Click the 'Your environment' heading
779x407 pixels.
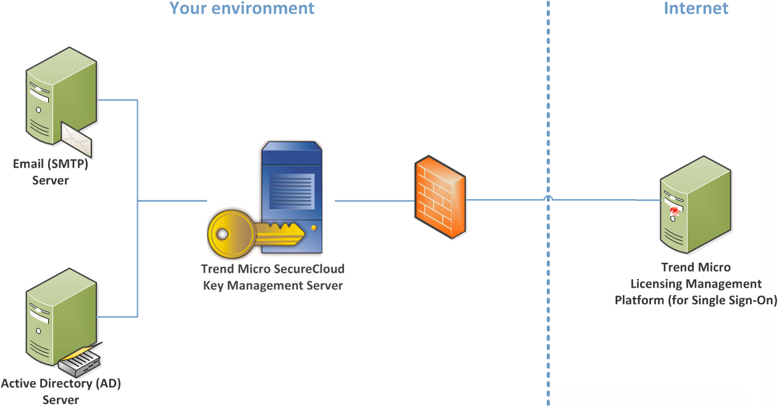point(242,9)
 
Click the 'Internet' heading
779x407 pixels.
point(696,9)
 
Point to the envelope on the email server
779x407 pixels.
point(77,140)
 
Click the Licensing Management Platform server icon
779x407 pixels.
point(695,204)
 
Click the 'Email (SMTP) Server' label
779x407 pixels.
point(51,173)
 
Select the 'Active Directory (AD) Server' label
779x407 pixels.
point(61,392)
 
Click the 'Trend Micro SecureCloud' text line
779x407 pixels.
point(272,269)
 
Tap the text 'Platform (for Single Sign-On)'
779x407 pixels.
point(696,301)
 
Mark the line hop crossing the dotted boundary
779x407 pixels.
point(547,199)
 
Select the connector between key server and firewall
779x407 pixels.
point(374,200)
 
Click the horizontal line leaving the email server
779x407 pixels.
point(117,100)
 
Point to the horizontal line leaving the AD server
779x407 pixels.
point(117,317)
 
